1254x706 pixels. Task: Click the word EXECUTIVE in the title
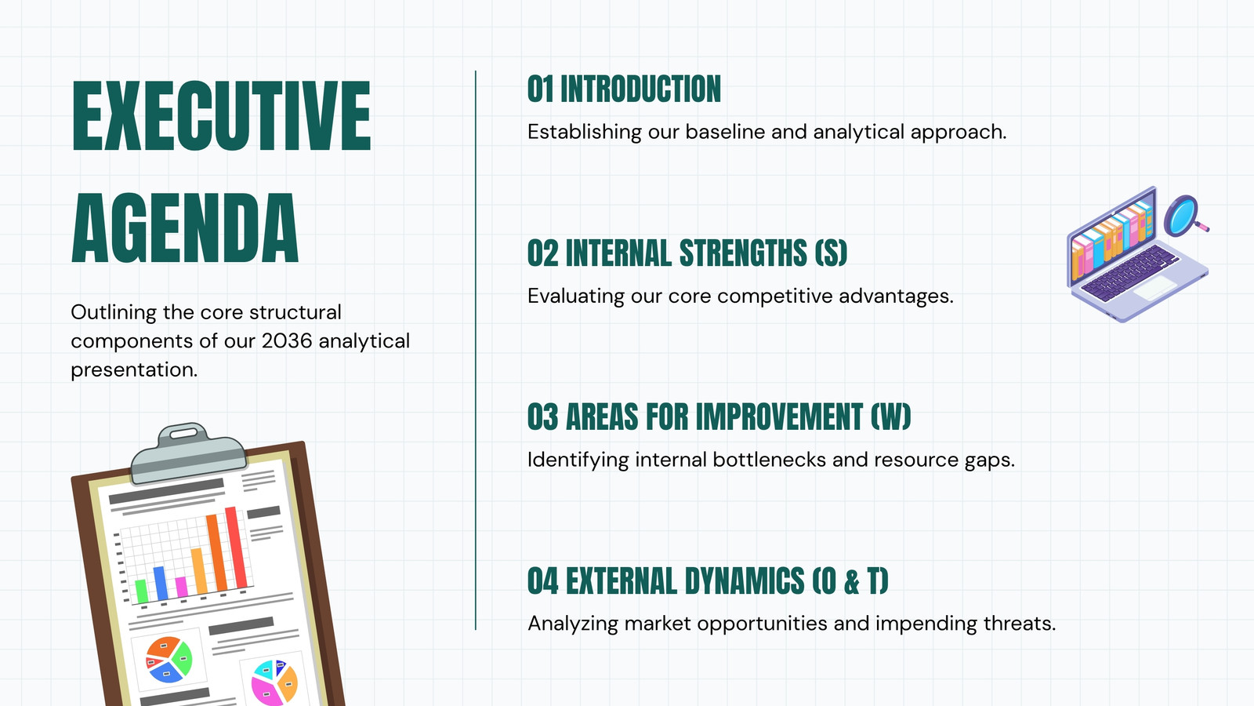tap(221, 116)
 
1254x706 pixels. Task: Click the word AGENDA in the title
tap(185, 228)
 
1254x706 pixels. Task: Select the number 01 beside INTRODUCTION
tap(540, 89)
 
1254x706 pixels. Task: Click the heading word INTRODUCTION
tap(640, 89)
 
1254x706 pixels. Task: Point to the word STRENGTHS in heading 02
tap(743, 253)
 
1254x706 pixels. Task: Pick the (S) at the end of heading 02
tap(831, 253)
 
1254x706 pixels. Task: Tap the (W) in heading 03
tap(890, 417)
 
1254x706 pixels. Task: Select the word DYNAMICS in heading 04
tap(745, 580)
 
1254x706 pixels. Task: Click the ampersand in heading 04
tap(851, 581)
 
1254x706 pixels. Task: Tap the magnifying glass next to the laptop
tap(1183, 215)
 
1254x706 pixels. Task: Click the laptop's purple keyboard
tap(1129, 273)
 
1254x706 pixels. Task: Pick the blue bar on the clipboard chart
tap(161, 584)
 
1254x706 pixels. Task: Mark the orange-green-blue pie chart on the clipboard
tap(169, 660)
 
